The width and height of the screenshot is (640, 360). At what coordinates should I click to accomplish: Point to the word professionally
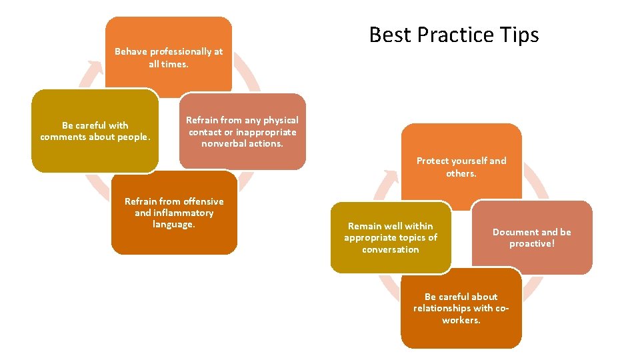tap(177, 51)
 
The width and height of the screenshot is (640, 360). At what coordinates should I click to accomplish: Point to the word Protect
tap(433, 161)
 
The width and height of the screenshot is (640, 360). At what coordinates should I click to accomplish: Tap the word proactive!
tap(531, 244)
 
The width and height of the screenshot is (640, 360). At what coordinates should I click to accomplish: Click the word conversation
tap(391, 249)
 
